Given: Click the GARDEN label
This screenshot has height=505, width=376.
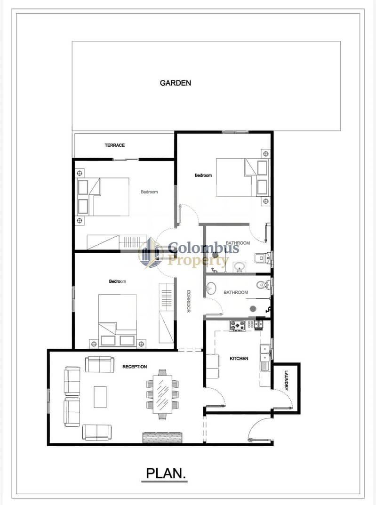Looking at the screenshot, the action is point(176,83).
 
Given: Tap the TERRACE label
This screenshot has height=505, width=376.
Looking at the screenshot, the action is point(115,145).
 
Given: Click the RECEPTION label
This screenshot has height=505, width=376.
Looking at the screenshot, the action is point(135,367).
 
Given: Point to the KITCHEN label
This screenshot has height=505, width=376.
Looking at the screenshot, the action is point(239,358).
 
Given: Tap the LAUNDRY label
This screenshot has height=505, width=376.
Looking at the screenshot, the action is point(286,380).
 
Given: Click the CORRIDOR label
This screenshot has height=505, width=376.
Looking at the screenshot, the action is point(189,301).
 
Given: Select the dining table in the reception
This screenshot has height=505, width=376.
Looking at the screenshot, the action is point(162,394).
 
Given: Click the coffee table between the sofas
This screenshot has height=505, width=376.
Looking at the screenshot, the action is point(100,397).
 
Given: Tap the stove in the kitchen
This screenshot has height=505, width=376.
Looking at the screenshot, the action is point(237,326).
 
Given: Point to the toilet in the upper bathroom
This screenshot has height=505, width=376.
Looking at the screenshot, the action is point(263,258).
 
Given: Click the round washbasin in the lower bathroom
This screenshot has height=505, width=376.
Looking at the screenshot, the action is point(211,289).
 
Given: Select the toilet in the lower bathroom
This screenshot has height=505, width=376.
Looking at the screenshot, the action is point(264,285).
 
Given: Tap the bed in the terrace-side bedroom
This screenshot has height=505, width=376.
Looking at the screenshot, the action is point(103,197).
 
